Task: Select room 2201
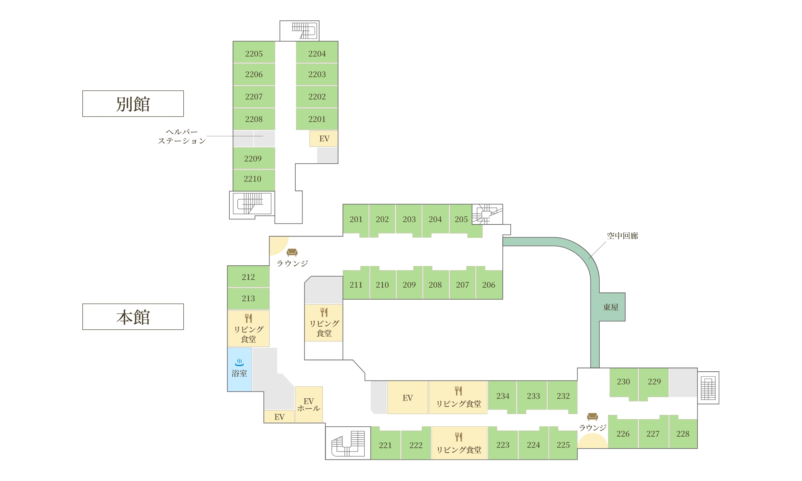pos(317,119)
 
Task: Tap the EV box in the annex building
pos(324,138)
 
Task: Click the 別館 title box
pos(133,104)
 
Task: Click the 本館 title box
pos(133,317)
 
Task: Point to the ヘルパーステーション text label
pos(182,136)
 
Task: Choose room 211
pos(356,284)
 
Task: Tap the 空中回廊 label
pos(622,236)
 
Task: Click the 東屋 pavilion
pos(612,307)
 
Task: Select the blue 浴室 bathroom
pos(240,369)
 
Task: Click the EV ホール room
pos(309,404)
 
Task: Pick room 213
pos(249,299)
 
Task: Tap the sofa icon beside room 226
pos(592,417)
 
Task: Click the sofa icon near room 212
pos(292,252)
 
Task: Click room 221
pos(385,444)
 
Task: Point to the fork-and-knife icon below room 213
pos(248,318)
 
